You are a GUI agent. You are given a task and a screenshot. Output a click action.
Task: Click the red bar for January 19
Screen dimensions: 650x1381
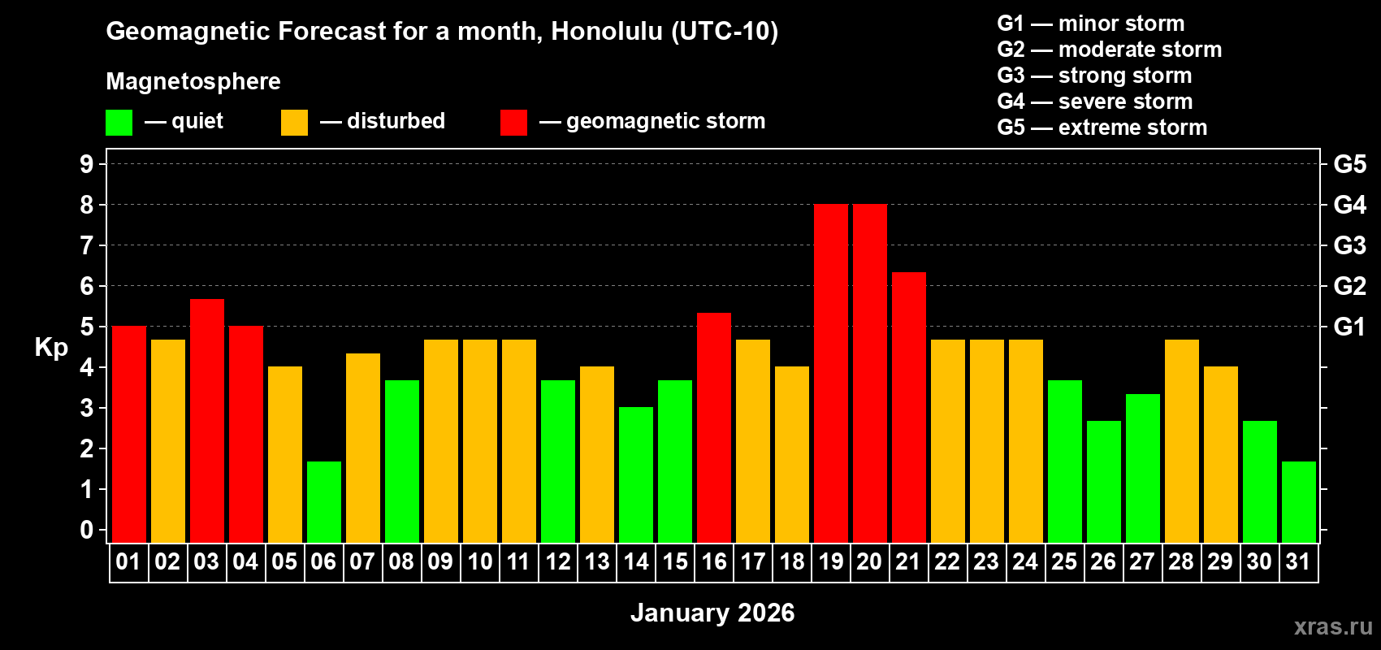coord(830,373)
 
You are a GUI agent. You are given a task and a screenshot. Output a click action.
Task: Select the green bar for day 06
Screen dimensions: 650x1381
coord(323,501)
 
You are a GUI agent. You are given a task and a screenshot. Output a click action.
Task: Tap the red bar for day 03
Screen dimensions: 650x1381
coord(206,420)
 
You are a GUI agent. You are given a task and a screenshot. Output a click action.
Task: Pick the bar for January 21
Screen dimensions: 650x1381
coord(908,407)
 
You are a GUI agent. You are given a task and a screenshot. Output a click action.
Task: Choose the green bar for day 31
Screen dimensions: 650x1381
coord(1298,501)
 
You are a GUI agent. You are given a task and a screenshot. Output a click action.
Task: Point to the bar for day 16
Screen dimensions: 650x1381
coord(713,427)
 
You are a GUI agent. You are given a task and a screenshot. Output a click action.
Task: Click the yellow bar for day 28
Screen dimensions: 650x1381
coord(1181,440)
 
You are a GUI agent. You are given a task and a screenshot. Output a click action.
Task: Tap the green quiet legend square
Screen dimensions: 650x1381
coord(119,123)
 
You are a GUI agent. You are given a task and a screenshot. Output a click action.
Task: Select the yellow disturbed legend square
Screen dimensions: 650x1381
coord(294,123)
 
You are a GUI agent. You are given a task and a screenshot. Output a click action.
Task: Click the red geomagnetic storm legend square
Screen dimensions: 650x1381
coord(513,123)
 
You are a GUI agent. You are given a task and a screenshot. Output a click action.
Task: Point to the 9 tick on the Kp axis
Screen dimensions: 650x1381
coord(87,164)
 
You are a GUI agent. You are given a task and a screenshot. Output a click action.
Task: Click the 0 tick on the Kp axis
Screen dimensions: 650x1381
coord(87,530)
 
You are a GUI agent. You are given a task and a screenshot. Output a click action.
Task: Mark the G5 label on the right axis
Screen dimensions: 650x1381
coord(1349,164)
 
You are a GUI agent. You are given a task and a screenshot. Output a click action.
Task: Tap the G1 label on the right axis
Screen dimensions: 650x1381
coord(1349,327)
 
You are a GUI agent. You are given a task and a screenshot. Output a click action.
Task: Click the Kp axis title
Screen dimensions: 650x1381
coord(51,348)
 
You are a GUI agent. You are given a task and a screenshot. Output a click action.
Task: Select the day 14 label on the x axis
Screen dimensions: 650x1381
coord(635,561)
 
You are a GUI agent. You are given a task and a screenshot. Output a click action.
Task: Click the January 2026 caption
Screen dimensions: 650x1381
coord(712,613)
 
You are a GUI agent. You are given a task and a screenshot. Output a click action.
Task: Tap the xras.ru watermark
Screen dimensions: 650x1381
coord(1333,626)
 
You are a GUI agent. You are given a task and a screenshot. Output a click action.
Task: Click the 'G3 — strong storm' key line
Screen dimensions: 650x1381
coord(1094,76)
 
